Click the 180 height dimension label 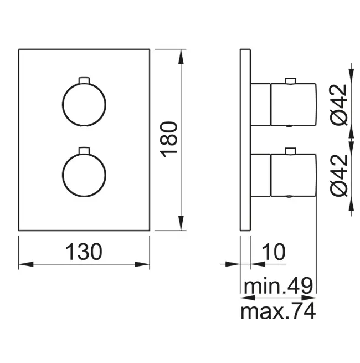coord(169,140)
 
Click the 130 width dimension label coord(84,252)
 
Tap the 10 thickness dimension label coord(274,252)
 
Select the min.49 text coord(279,286)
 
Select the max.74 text coord(278,311)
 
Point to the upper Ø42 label coord(339,105)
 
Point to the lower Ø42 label coord(339,175)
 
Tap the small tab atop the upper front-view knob coord(84,80)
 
